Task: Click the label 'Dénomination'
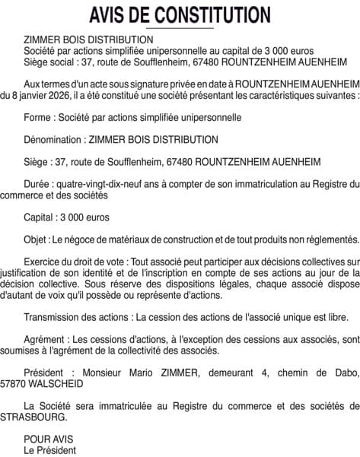tap(53, 139)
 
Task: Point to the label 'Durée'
tap(38, 183)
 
